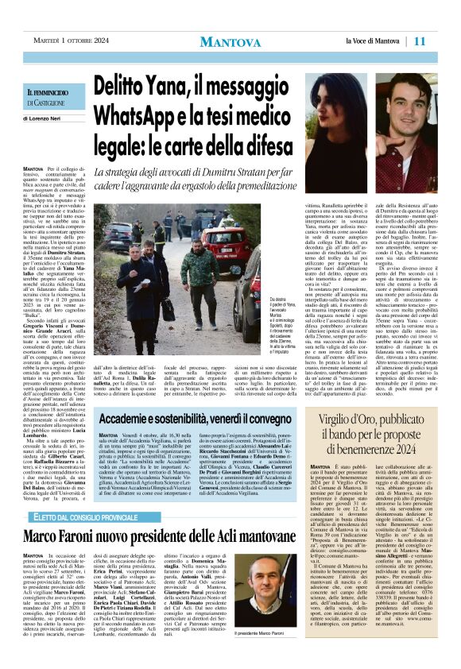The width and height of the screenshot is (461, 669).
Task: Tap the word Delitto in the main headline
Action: click(131, 83)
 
